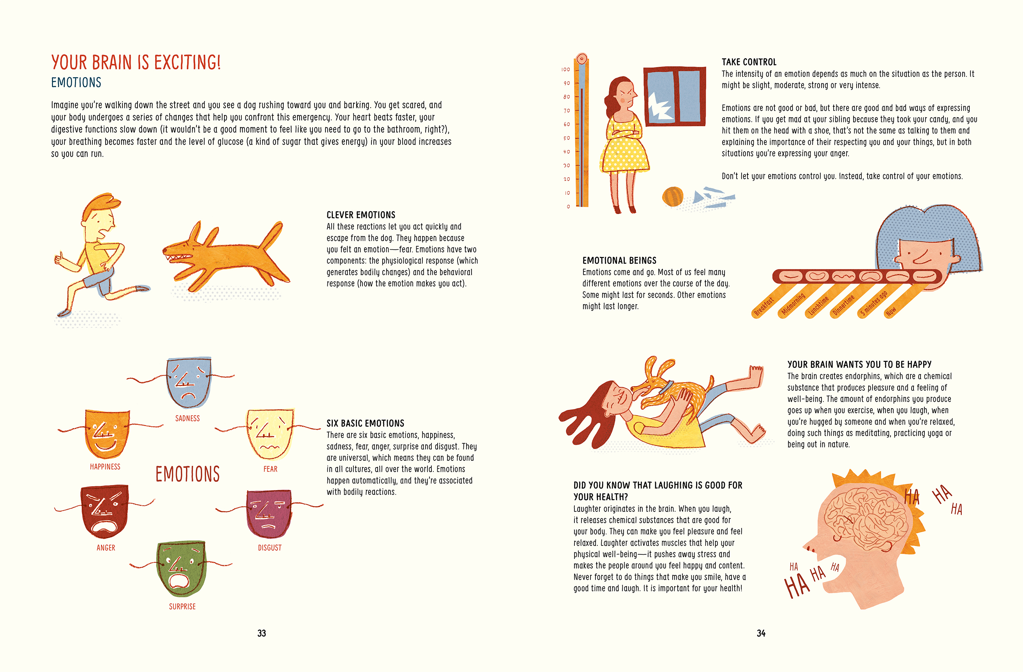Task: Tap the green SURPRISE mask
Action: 181,569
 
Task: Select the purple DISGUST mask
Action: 269,514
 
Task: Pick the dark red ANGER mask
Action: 104,511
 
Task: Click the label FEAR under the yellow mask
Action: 270,469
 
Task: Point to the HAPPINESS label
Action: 105,467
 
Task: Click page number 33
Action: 262,633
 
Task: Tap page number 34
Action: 761,633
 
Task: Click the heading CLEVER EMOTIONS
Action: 360,215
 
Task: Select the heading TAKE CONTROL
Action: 749,62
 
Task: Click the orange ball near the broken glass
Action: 673,197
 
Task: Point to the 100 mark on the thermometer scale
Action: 565,69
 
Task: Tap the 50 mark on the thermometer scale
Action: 567,138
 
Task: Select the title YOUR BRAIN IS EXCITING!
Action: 136,62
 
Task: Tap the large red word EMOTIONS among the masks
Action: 187,474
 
